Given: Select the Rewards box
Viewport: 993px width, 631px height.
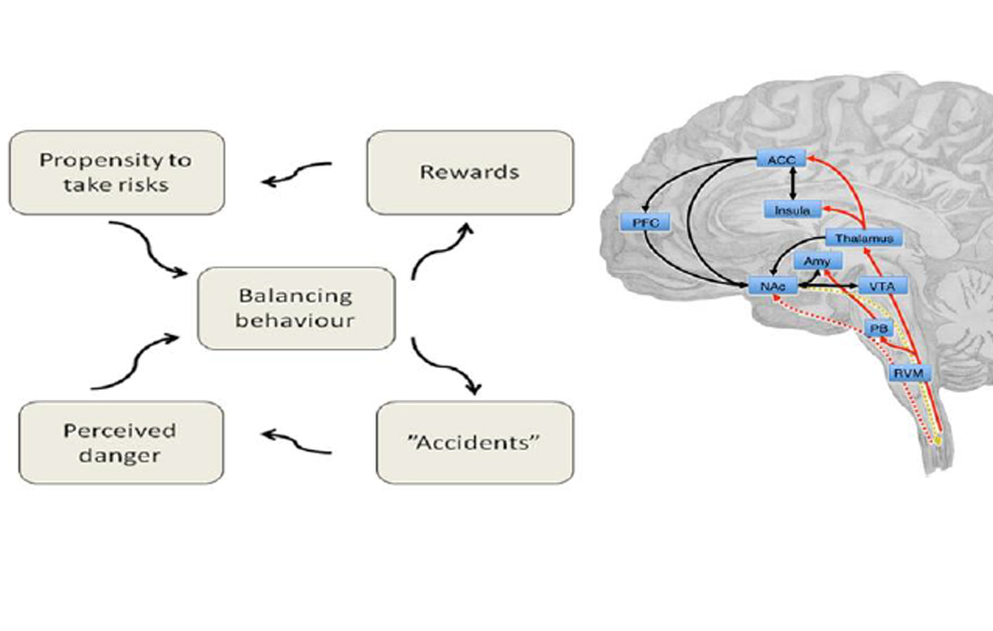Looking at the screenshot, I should click(x=470, y=172).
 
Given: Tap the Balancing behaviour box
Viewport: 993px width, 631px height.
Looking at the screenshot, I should click(x=296, y=308).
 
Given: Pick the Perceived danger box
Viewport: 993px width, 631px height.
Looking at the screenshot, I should click(x=120, y=442).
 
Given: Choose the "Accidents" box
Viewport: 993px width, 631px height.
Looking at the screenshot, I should click(x=476, y=442).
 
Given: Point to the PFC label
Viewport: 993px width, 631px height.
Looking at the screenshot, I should click(x=643, y=222).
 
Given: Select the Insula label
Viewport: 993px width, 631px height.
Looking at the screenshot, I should click(x=791, y=209).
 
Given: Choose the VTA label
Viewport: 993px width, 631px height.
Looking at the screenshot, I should click(x=882, y=286).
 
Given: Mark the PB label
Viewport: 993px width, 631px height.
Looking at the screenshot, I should click(x=876, y=328).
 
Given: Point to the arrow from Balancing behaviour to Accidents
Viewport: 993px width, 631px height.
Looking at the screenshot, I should click(x=442, y=368).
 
